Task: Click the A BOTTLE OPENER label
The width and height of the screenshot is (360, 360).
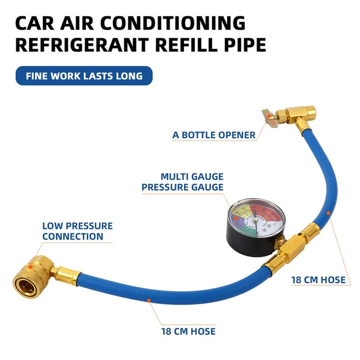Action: click(214, 135)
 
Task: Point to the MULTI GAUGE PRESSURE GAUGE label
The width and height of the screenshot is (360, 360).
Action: click(183, 182)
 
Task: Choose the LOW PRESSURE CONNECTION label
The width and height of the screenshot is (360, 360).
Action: click(77, 231)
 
